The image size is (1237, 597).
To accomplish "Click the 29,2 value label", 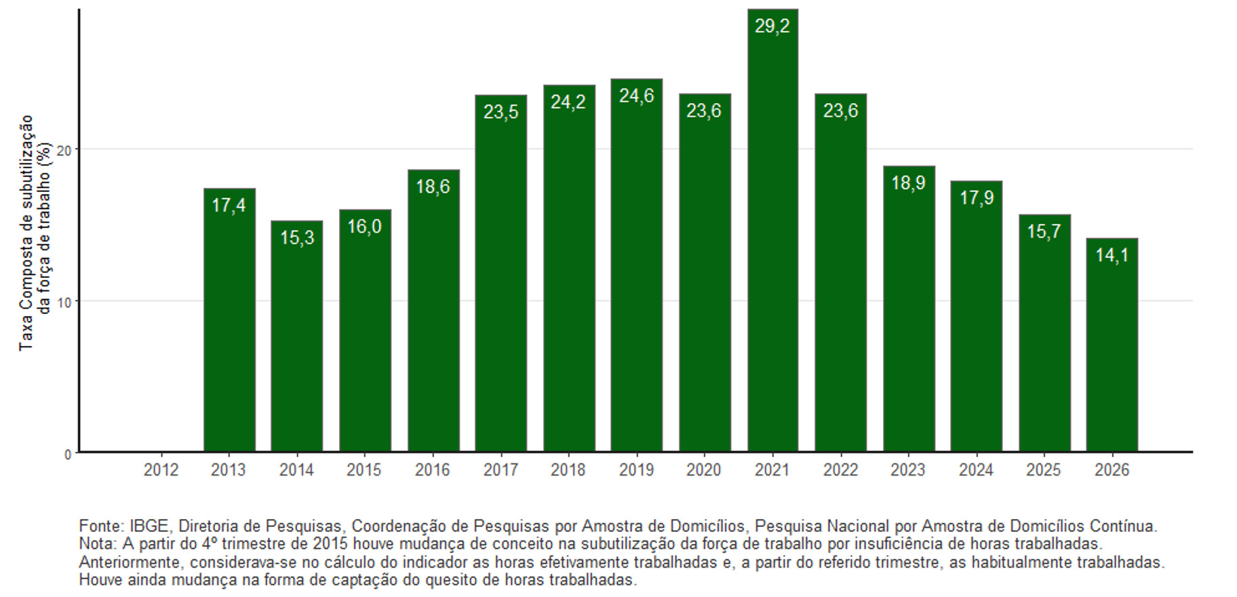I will (x=772, y=26).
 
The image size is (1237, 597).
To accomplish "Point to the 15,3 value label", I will (x=297, y=237).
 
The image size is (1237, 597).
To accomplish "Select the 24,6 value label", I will (x=636, y=96).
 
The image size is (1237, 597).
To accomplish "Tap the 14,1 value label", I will (x=1112, y=255).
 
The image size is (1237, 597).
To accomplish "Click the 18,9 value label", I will (x=908, y=183).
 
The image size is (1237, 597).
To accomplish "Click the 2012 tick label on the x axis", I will (x=161, y=469).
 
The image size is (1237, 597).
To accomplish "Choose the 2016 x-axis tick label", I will (x=432, y=469).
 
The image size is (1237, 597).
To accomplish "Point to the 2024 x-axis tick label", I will (x=976, y=469).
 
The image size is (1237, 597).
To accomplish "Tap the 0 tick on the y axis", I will (x=67, y=455).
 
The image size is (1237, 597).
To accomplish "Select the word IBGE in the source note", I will (x=149, y=526).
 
